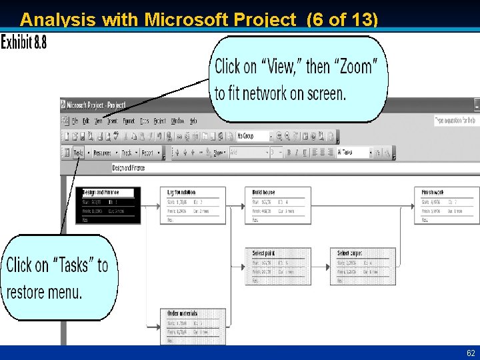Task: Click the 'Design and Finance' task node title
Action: [100, 192]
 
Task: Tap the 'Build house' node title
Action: [264, 192]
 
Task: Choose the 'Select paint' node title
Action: [264, 253]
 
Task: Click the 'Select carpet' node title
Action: [350, 253]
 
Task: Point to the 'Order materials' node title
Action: [182, 313]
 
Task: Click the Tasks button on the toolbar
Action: [79, 153]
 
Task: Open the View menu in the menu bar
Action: [98, 121]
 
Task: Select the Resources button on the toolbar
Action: [102, 153]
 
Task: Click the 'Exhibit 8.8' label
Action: [23, 43]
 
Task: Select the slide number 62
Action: [471, 353]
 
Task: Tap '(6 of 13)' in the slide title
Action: [342, 20]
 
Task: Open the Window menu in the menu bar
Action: [177, 121]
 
